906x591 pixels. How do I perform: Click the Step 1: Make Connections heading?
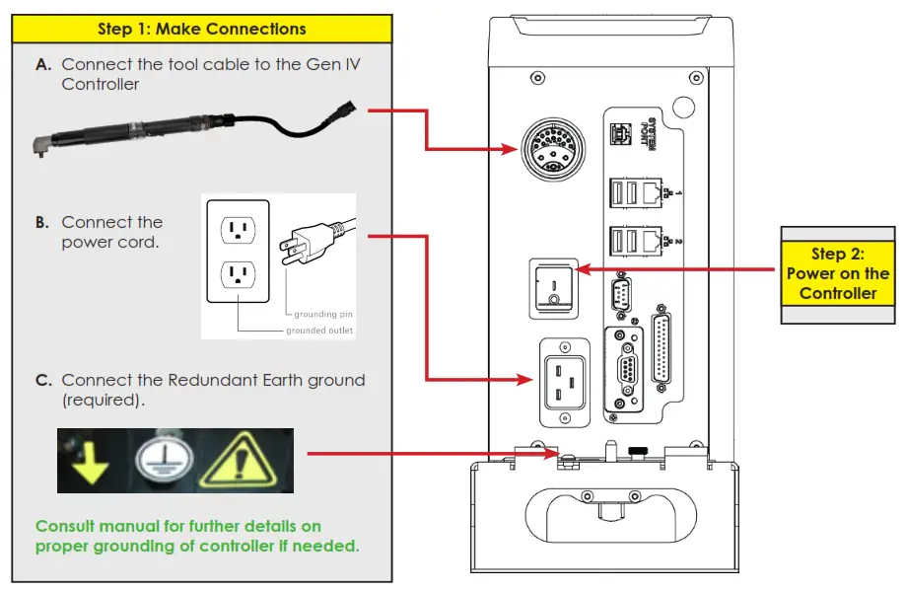point(201,29)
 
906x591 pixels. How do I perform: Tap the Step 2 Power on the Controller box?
point(837,273)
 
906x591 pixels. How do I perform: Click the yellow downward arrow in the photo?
point(93,461)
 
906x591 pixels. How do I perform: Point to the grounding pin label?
point(315,314)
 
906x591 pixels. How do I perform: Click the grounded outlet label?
point(319,330)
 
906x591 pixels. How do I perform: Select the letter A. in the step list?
point(43,64)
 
